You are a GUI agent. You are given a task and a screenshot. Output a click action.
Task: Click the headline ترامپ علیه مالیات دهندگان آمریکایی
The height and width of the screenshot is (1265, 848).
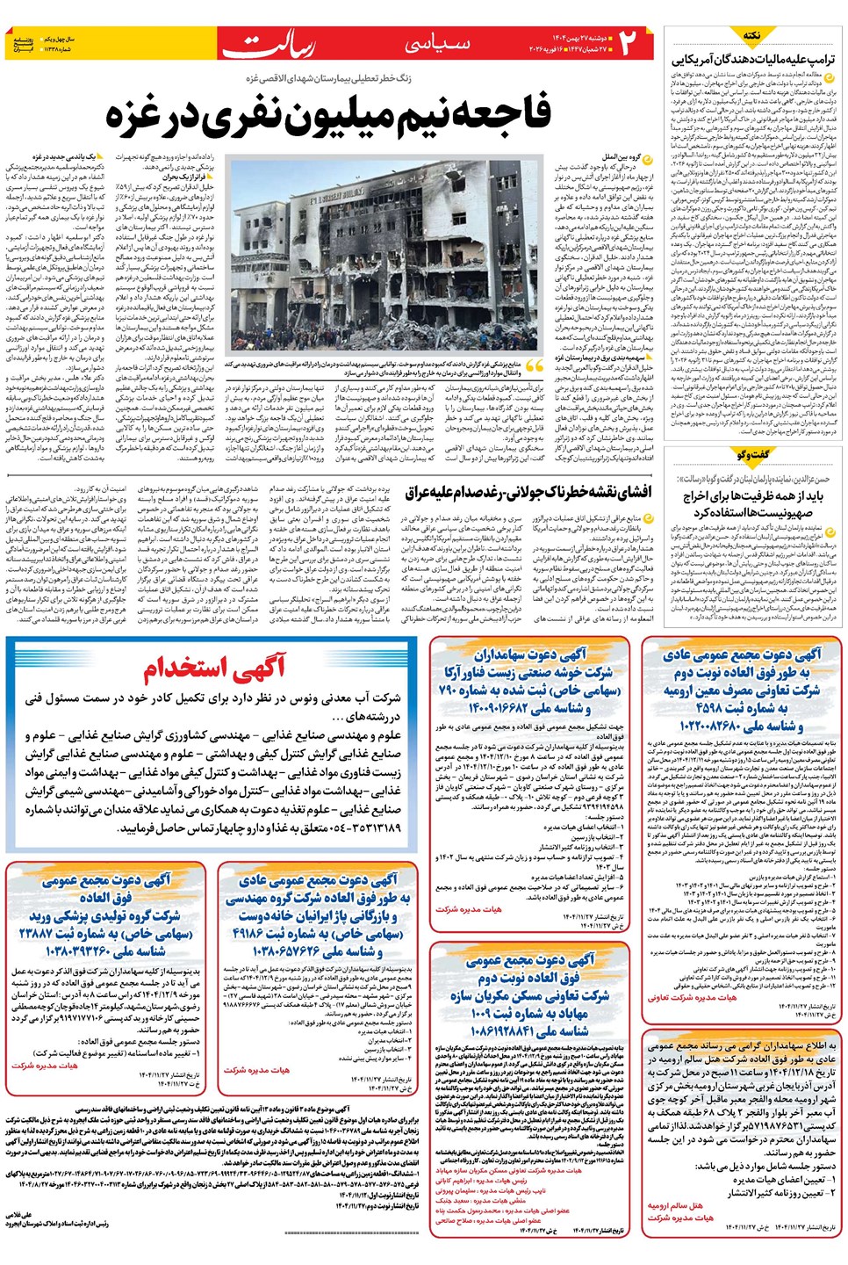point(754,60)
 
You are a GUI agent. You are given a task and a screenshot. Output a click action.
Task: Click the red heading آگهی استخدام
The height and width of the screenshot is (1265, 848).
point(215,669)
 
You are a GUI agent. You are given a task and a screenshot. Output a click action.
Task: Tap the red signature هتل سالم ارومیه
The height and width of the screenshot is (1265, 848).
point(675,1205)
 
